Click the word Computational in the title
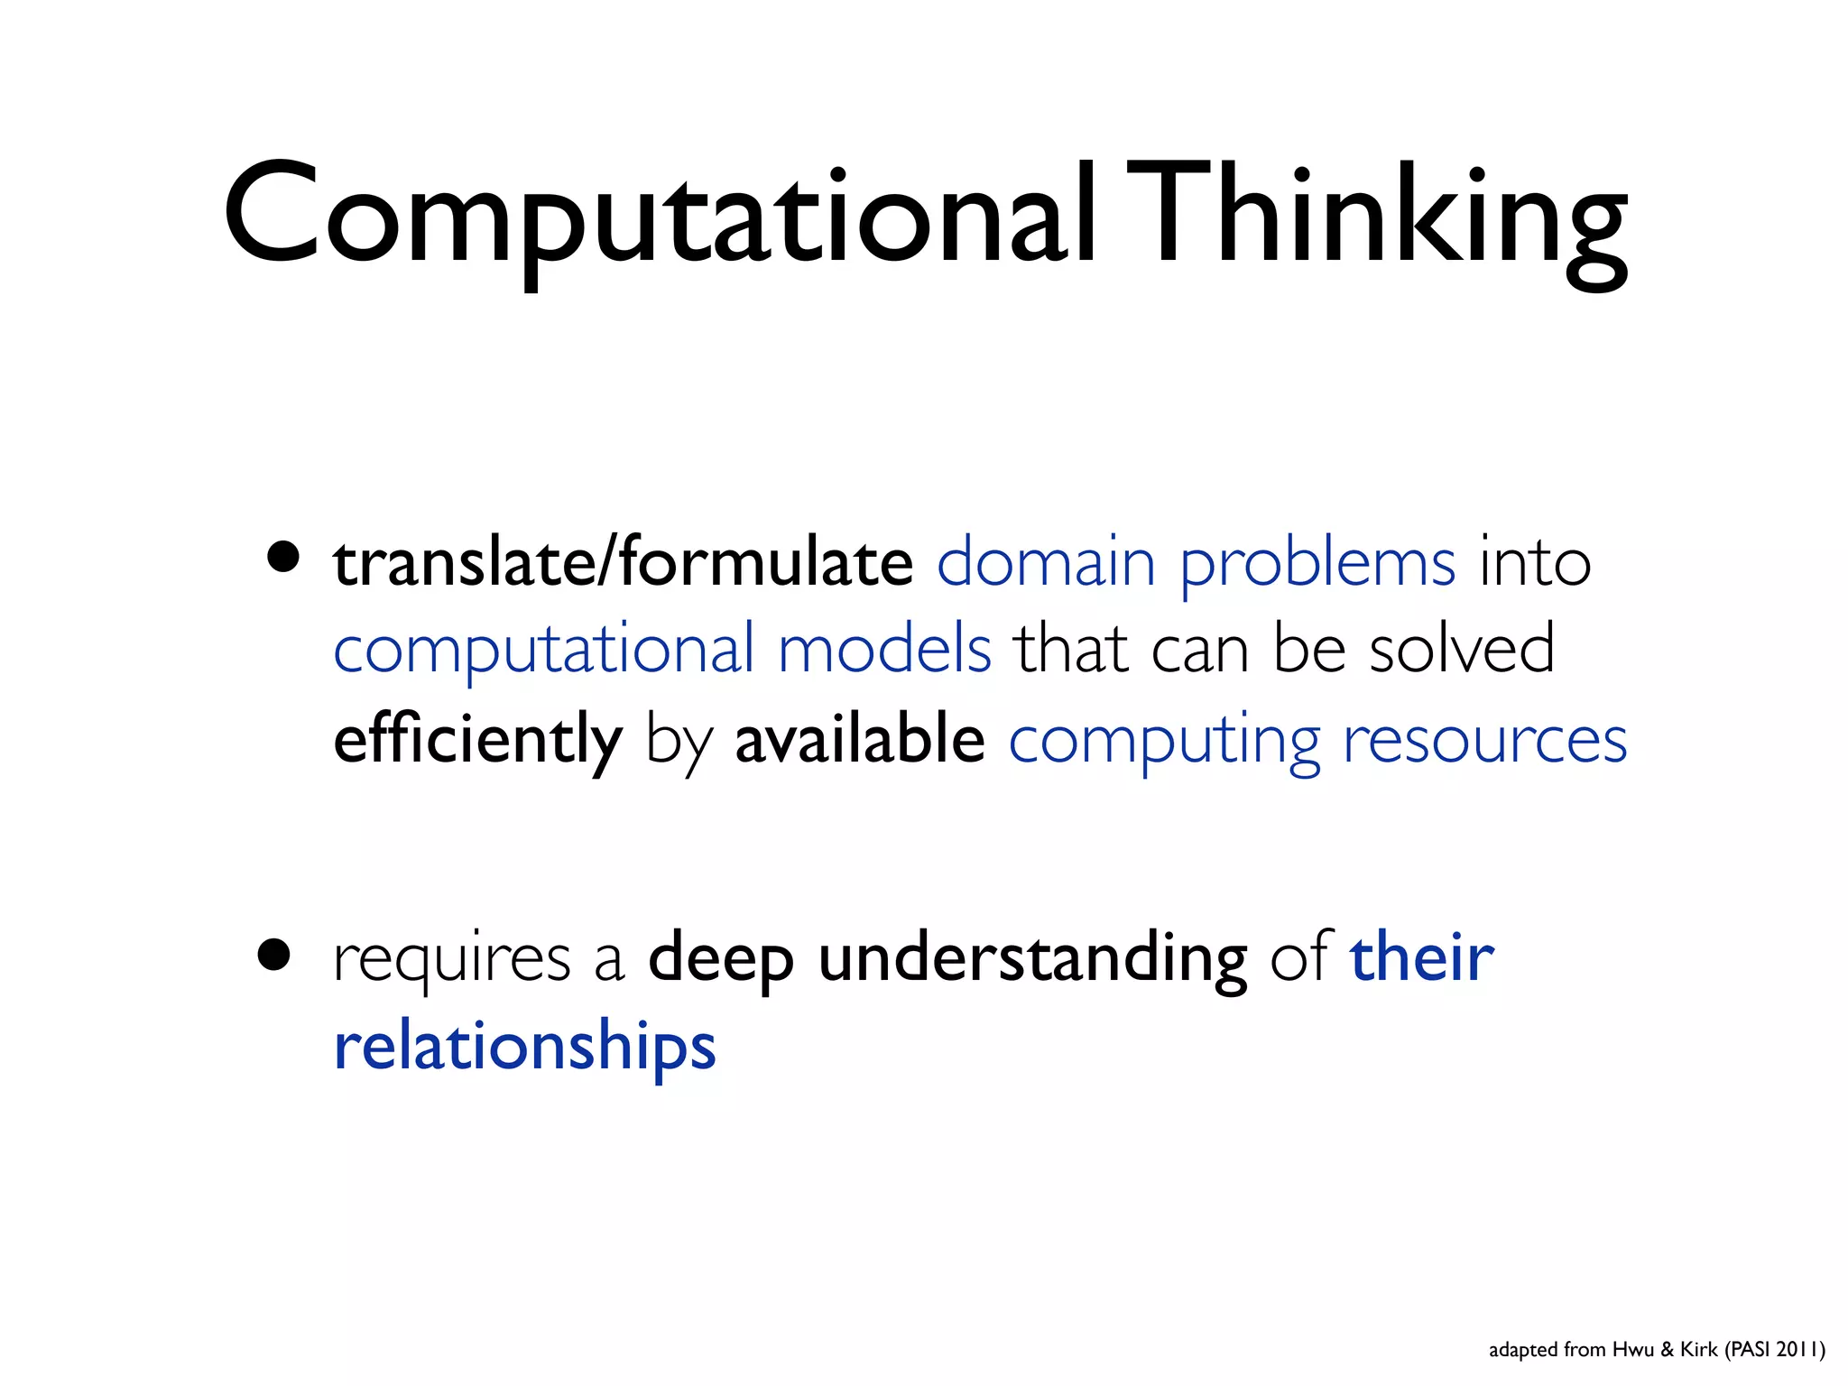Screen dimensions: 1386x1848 point(660,217)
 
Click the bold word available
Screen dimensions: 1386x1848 point(859,738)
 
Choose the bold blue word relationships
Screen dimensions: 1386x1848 point(524,1047)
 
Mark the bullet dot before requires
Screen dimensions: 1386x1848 point(273,955)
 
